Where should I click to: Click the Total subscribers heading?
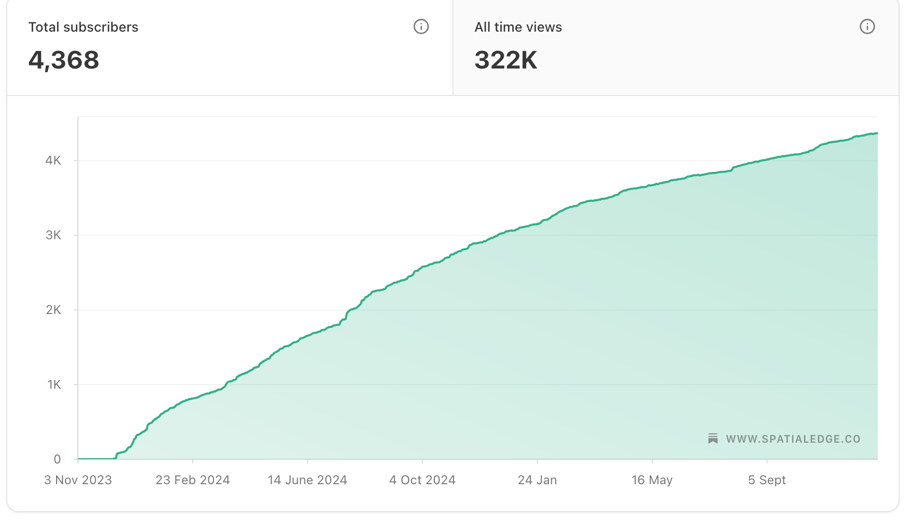tap(83, 27)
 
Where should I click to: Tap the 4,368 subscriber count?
tap(63, 60)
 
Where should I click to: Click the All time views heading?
tap(518, 27)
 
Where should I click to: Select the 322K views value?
tap(505, 60)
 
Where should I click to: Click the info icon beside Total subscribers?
tap(421, 26)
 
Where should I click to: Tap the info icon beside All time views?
tap(867, 26)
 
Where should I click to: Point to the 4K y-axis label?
tap(53, 160)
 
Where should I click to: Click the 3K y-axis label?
tap(53, 235)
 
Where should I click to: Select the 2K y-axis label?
tap(53, 310)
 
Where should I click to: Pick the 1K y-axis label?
tap(54, 385)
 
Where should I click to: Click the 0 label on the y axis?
tap(57, 459)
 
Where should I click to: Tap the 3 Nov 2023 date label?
tap(78, 480)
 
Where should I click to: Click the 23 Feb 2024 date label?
tap(193, 480)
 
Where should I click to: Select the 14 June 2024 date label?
tap(307, 480)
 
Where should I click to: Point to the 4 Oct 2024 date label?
tap(422, 480)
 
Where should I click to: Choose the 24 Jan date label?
tap(537, 480)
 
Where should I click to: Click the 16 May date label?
tap(652, 480)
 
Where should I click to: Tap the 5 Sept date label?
tap(767, 480)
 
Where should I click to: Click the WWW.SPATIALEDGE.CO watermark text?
tap(793, 439)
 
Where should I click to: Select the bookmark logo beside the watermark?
tap(713, 439)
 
